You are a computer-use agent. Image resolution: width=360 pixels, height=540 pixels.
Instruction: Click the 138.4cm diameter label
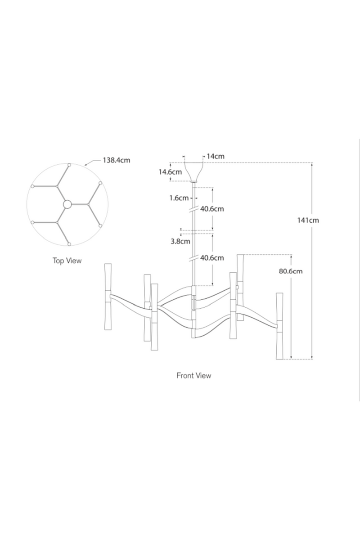(117, 160)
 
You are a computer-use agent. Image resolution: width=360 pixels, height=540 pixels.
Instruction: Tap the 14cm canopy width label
(216, 156)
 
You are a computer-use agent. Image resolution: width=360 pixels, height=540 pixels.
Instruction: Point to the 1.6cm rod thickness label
(180, 198)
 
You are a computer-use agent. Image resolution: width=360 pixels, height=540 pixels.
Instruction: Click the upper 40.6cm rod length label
(211, 209)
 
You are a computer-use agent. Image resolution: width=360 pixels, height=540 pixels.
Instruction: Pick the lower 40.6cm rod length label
(211, 258)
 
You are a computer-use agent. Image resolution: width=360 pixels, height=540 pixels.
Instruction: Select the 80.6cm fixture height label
(291, 271)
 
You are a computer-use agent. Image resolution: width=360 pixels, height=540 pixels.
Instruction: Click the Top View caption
(67, 261)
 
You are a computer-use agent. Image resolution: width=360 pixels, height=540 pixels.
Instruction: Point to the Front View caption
(193, 375)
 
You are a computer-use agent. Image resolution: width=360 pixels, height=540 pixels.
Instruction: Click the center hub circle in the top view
(67, 204)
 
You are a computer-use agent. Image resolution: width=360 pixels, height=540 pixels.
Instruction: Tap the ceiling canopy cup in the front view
(194, 171)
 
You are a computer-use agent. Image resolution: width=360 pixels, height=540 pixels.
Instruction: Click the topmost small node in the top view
(69, 165)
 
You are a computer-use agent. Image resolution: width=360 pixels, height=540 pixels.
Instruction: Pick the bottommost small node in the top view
(69, 244)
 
